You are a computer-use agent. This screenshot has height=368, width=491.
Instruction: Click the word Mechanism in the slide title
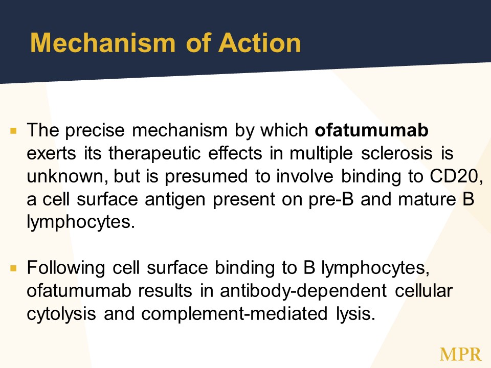pos(103,42)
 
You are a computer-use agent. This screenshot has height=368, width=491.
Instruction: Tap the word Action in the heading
pos(260,42)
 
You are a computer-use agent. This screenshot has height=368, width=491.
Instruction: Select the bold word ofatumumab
pos(371,130)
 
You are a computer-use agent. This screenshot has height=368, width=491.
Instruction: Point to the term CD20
pos(456,176)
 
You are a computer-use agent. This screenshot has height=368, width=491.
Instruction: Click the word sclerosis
pos(397,153)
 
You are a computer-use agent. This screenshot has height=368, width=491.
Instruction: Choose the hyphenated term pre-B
pos(331,200)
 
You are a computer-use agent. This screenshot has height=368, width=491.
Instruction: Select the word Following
pos(66,268)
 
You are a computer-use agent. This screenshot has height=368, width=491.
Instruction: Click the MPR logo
pos(460,355)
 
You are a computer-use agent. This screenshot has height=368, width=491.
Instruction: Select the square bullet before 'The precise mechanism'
pos(13,131)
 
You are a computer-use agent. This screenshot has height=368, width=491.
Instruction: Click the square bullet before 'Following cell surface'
pos(13,268)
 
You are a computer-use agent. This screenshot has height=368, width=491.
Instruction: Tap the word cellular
pos(423,291)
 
